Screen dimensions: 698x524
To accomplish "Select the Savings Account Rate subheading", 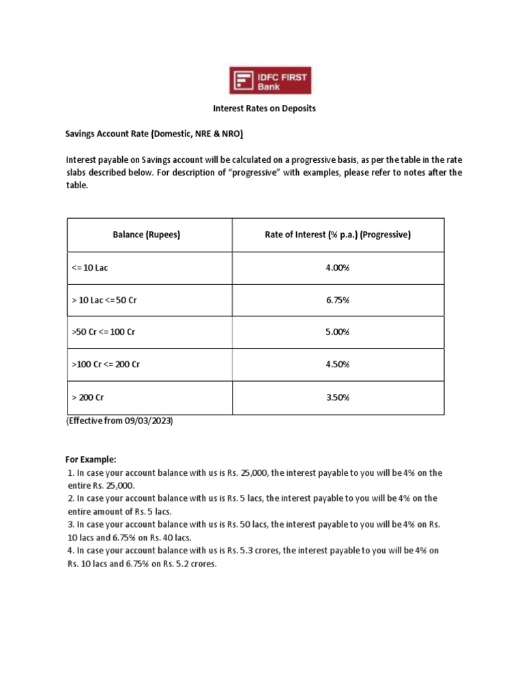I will [x=154, y=134].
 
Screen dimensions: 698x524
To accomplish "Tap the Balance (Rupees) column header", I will [x=147, y=235].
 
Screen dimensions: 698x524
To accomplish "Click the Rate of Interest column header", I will [x=338, y=235].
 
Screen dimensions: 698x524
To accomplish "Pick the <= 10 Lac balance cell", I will [x=90, y=268].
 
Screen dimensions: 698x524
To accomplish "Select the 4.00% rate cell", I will [x=338, y=268].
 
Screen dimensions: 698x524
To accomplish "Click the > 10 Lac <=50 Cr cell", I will [x=104, y=300].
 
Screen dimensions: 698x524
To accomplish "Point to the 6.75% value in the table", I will [x=338, y=300].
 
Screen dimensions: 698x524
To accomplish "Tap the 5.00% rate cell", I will [x=338, y=332].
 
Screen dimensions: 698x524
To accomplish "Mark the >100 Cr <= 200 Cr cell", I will [x=106, y=365].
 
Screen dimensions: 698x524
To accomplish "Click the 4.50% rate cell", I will [x=338, y=365].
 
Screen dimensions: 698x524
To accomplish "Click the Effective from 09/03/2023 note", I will [x=120, y=421].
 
